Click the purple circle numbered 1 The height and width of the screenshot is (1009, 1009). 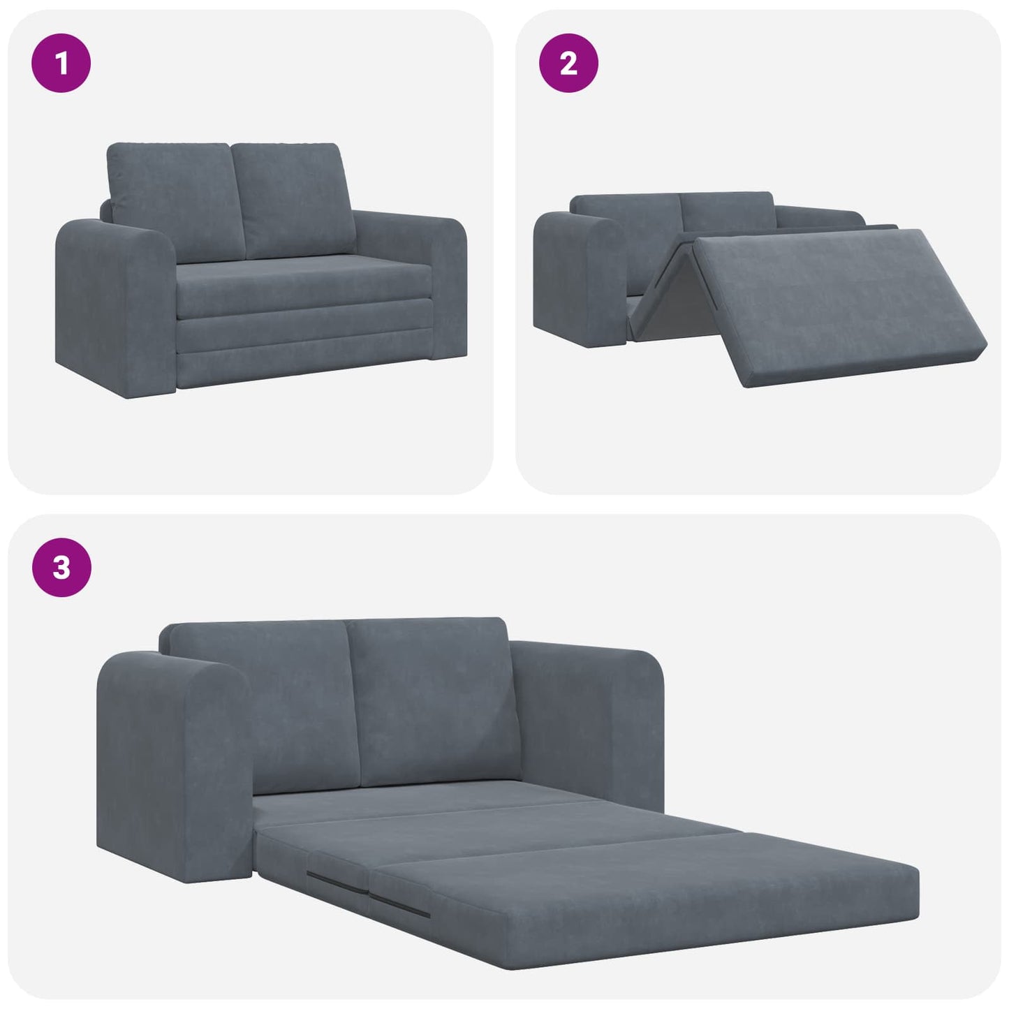61,64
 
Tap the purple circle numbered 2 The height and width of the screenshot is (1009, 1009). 568,64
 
